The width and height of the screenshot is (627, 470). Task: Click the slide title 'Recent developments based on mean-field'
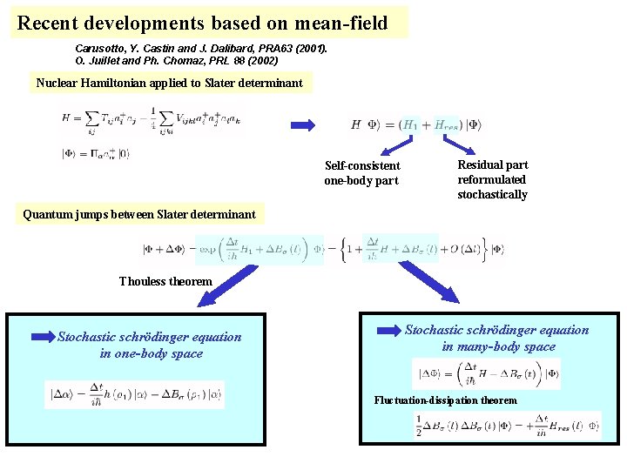202,23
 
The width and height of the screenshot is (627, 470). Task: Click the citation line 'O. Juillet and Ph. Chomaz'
177,61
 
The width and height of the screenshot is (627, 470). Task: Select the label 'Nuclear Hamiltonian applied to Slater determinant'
170,84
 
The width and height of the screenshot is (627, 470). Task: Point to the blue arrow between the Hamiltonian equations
302,125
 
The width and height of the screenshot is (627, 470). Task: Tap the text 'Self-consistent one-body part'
362,172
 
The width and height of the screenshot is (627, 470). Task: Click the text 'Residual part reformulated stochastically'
492,179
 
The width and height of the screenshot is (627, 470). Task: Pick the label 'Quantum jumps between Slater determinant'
139,214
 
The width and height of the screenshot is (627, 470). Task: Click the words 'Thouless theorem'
165,281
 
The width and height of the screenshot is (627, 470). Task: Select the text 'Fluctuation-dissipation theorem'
445,400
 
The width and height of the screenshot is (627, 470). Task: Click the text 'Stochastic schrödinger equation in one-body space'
150,345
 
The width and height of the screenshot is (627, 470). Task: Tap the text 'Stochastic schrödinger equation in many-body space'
497,338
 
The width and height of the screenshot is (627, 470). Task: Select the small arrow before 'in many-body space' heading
389,330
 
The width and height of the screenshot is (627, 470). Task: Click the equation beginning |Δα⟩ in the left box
135,393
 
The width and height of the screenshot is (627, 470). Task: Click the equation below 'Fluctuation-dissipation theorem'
508,425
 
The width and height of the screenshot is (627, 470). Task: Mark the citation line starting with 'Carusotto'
201,49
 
